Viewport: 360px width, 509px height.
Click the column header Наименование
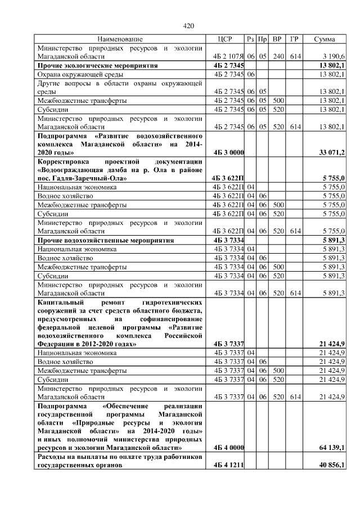tap(120, 39)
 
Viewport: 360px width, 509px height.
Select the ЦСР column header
tap(224, 39)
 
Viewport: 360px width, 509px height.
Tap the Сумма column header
tap(325, 39)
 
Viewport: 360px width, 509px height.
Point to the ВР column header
tap(277, 39)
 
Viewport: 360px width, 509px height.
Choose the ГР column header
tap(294, 39)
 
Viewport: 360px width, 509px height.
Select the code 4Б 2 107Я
tap(228, 57)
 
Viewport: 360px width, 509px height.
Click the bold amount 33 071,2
tap(332, 152)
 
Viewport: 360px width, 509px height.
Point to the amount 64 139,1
tap(332, 447)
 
